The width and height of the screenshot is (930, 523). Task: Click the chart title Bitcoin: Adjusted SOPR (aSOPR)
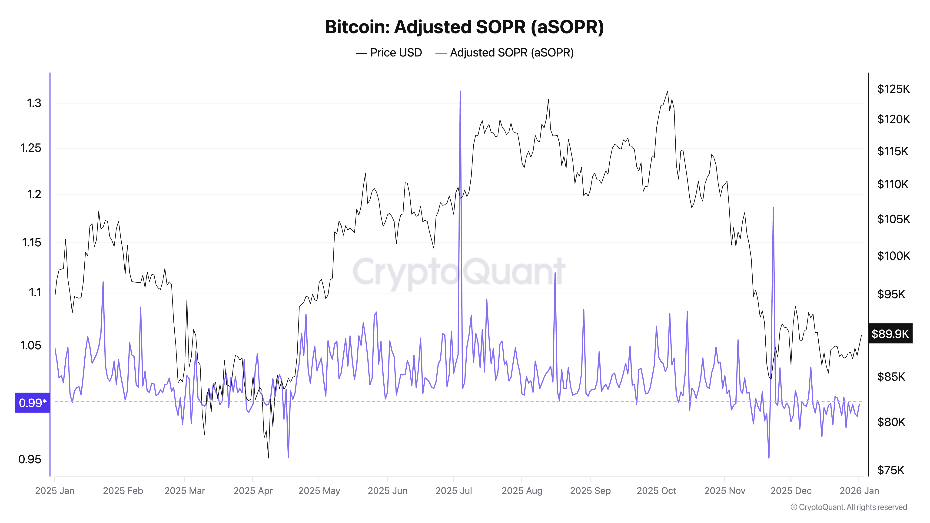[x=464, y=27]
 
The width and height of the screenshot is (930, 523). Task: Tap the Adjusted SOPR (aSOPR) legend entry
[x=505, y=53]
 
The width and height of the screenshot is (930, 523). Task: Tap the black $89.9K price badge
[x=890, y=334]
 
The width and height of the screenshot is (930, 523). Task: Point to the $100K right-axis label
[x=893, y=256]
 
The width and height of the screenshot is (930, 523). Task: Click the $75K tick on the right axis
[x=891, y=470]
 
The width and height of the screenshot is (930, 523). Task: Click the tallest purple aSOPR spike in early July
[x=460, y=92]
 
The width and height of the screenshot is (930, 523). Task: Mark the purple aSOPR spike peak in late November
[x=773, y=208]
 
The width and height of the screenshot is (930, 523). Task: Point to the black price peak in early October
[x=667, y=91]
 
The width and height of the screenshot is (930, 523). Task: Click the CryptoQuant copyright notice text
[x=848, y=507]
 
